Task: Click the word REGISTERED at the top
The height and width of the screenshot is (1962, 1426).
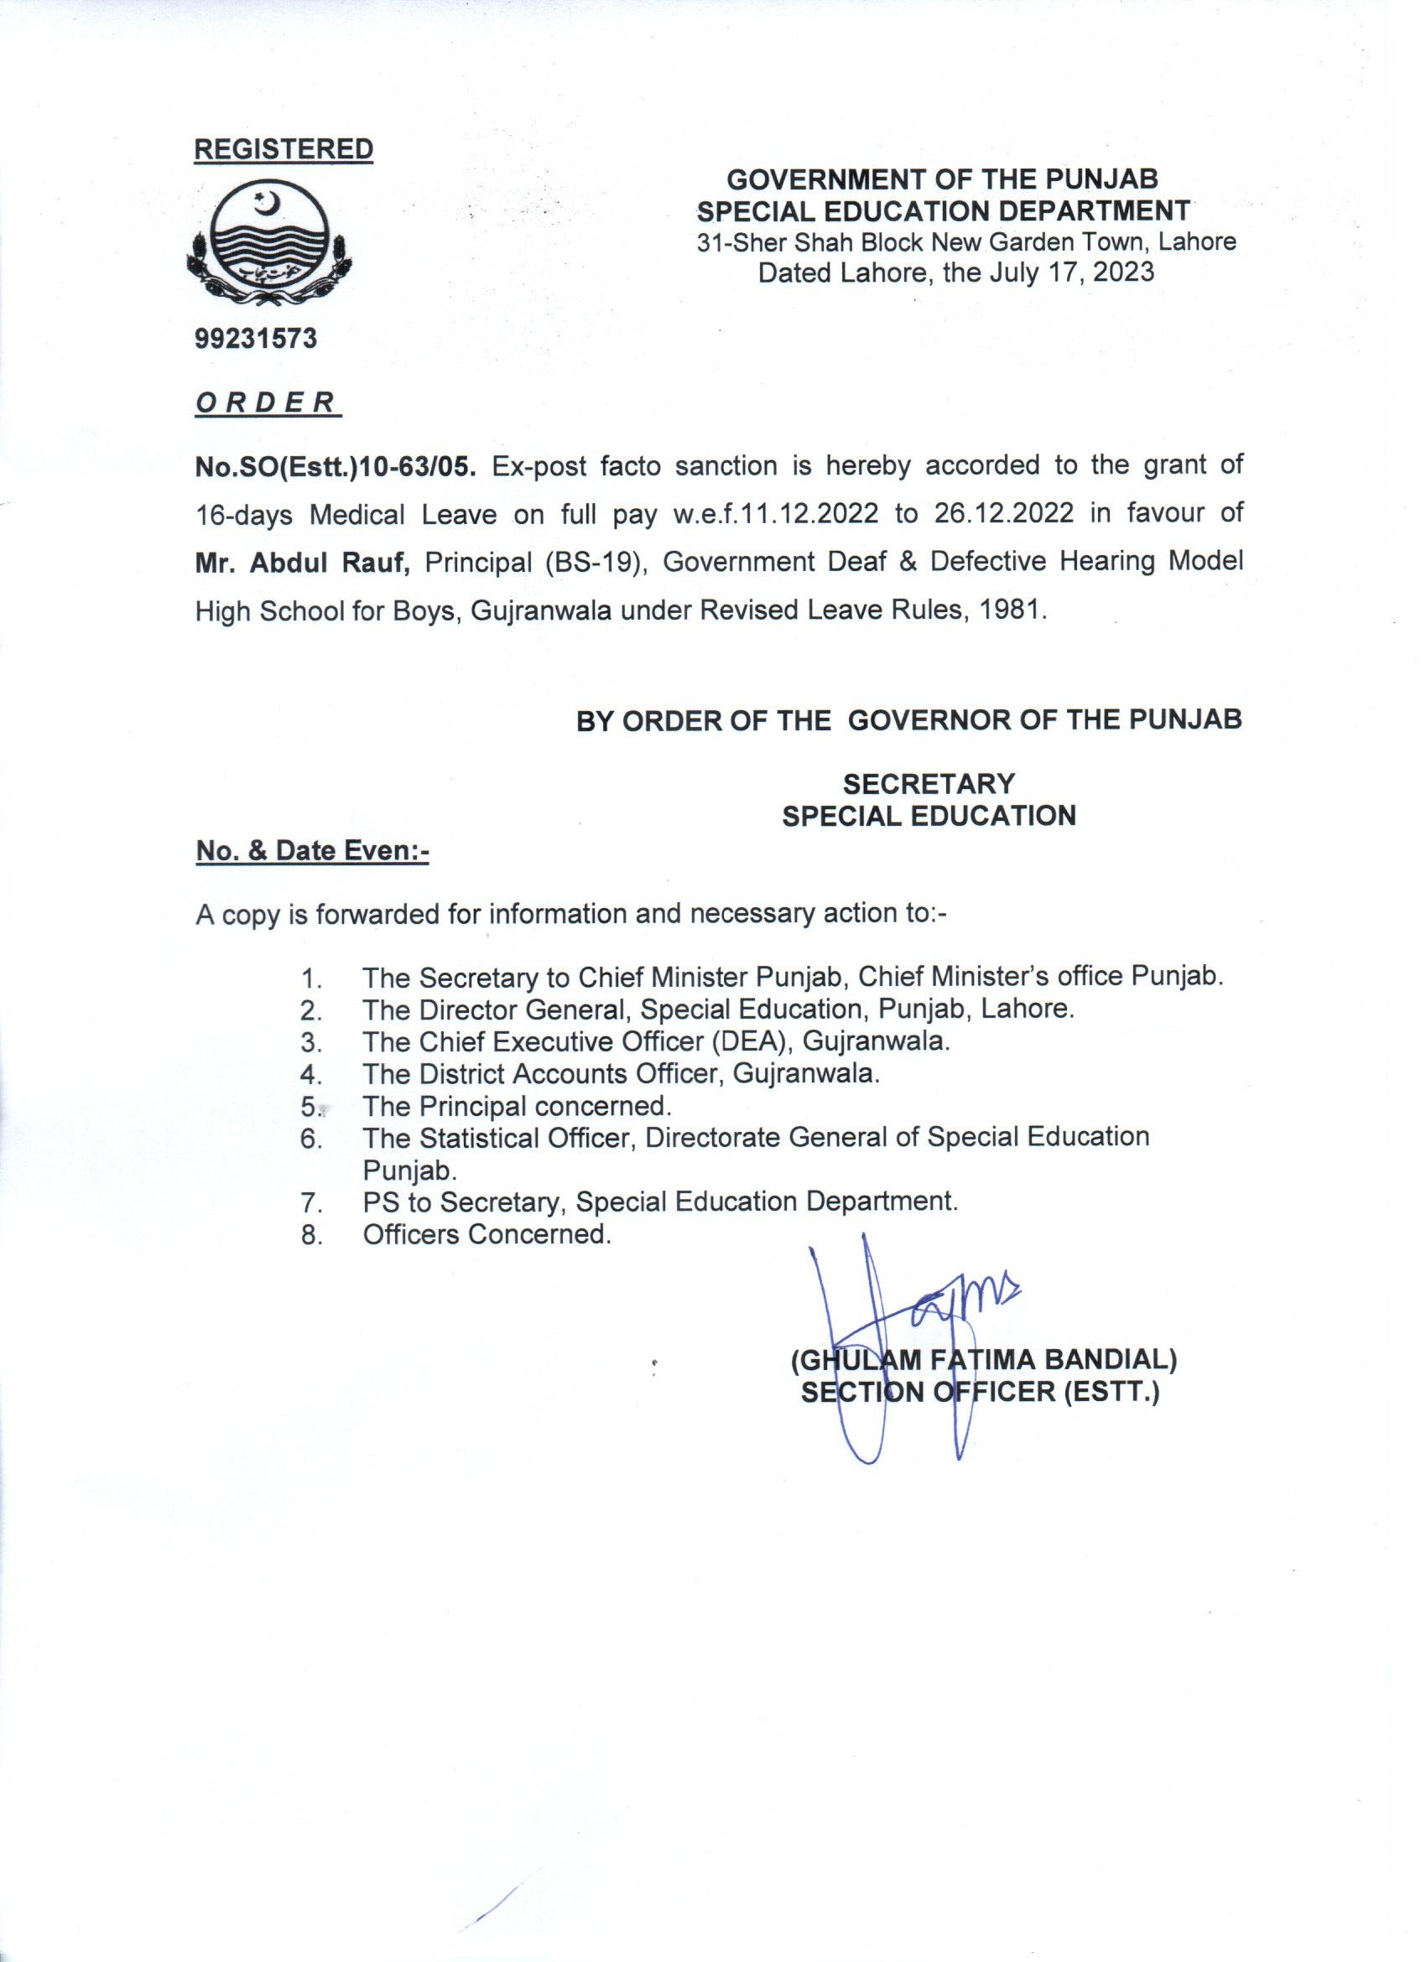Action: point(283,148)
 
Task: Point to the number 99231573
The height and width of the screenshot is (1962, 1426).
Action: point(256,338)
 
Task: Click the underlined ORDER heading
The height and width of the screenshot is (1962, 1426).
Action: point(268,402)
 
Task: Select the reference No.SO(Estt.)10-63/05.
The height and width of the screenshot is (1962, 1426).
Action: point(336,466)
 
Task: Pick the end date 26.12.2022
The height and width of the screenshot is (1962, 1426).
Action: point(1004,514)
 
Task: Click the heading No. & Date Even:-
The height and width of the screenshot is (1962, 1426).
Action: point(312,851)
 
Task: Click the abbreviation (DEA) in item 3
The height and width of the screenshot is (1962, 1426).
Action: point(749,1041)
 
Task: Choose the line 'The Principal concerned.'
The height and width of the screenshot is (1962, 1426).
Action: point(517,1107)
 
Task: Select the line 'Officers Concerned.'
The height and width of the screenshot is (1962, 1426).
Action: point(487,1234)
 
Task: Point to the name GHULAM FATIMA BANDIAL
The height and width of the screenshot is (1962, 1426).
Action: point(985,1361)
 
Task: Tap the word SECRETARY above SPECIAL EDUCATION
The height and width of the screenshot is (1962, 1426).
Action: point(929,784)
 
